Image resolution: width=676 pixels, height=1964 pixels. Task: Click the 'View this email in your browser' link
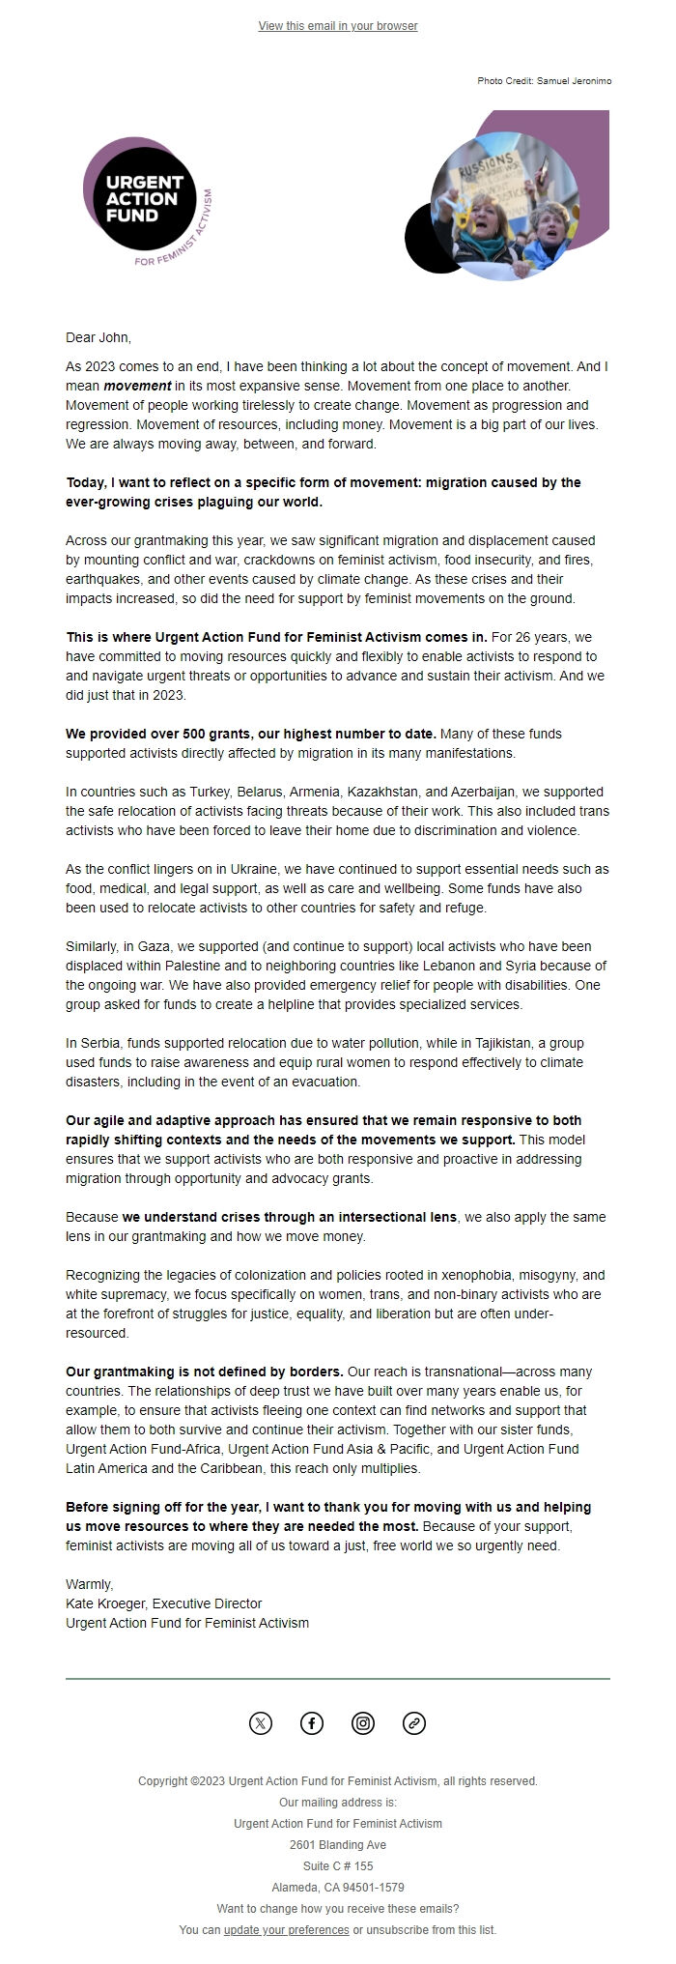coord(338,26)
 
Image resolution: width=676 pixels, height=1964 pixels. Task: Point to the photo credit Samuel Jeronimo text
coord(544,81)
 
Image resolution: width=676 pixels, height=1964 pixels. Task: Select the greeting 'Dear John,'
coord(98,337)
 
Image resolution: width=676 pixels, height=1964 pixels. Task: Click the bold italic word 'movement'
coord(137,386)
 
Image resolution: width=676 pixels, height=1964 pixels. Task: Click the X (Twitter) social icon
coord(261,1722)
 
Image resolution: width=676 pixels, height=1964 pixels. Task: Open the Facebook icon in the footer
coord(312,1722)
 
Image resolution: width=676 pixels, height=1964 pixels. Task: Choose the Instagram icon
coord(363,1722)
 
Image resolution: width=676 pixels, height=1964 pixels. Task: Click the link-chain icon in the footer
coord(414,1722)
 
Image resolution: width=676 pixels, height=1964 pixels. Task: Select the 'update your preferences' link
coord(286,1929)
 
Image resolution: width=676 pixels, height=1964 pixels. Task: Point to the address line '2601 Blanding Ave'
coord(338,1844)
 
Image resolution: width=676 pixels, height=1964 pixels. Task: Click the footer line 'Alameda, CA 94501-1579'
coord(338,1887)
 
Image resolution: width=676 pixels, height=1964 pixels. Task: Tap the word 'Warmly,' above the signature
coord(89,1584)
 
